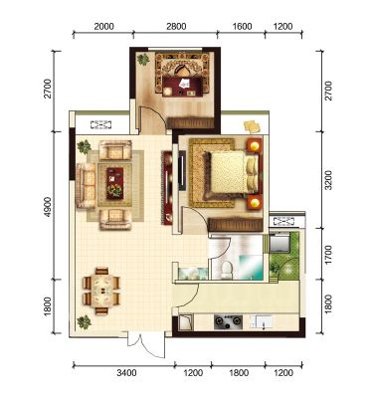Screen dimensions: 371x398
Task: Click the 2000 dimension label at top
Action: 103,26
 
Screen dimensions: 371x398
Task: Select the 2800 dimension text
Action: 176,26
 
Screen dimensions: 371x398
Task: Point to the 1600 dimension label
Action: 242,26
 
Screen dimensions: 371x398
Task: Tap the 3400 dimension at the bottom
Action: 126,373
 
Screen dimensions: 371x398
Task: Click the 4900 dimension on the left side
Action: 48,207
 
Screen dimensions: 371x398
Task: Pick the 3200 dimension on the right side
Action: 328,180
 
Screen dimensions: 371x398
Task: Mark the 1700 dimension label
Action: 328,255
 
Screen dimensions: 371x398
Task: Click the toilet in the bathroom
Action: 227,270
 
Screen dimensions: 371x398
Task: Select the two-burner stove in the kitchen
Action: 228,322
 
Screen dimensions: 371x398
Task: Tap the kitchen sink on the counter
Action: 262,322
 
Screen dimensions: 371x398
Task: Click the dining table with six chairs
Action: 101,291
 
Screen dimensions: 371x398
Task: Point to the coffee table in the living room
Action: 115,183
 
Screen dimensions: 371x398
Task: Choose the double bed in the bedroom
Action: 231,172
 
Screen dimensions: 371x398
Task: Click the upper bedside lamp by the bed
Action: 255,145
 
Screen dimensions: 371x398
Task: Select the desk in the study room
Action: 182,87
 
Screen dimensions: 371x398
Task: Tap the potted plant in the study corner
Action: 143,60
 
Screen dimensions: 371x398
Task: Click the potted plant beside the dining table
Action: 84,321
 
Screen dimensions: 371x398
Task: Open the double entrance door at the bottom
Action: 146,344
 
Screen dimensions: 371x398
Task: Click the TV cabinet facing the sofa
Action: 167,188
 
